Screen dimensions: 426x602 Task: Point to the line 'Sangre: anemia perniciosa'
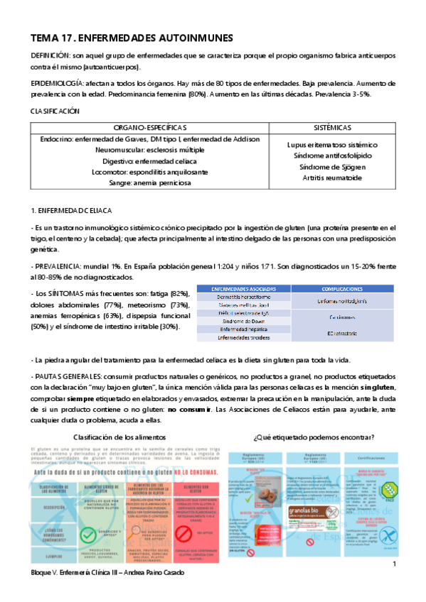pos(146,182)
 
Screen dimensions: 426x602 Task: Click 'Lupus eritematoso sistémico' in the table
pos(331,145)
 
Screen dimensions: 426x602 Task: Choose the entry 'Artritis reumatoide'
pos(331,177)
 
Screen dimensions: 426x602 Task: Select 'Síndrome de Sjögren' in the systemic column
pos(331,167)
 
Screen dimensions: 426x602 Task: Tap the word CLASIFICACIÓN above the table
pos(55,111)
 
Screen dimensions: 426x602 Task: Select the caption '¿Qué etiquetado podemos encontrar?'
pos(312,436)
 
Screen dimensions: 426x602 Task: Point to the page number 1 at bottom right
pos(393,564)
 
